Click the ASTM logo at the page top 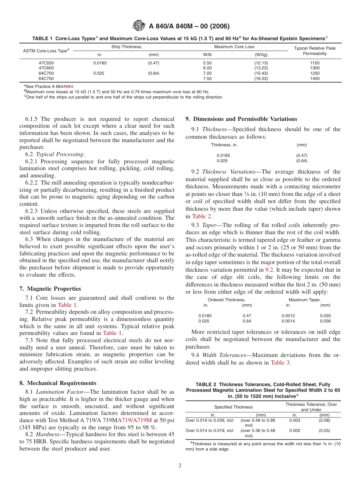click(x=139, y=26)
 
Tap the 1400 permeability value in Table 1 click(x=315, y=79)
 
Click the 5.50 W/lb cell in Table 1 click(x=207, y=63)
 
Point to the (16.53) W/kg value click(x=261, y=79)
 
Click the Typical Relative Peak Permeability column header click(x=315, y=51)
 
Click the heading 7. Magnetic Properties click(x=50, y=289)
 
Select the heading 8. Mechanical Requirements click(x=58, y=383)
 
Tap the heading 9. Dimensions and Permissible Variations click(x=241, y=119)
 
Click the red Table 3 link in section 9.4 click(x=280, y=363)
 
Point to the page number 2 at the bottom click(x=180, y=466)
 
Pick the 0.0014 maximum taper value click(x=288, y=321)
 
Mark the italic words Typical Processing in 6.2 click(x=60, y=154)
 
